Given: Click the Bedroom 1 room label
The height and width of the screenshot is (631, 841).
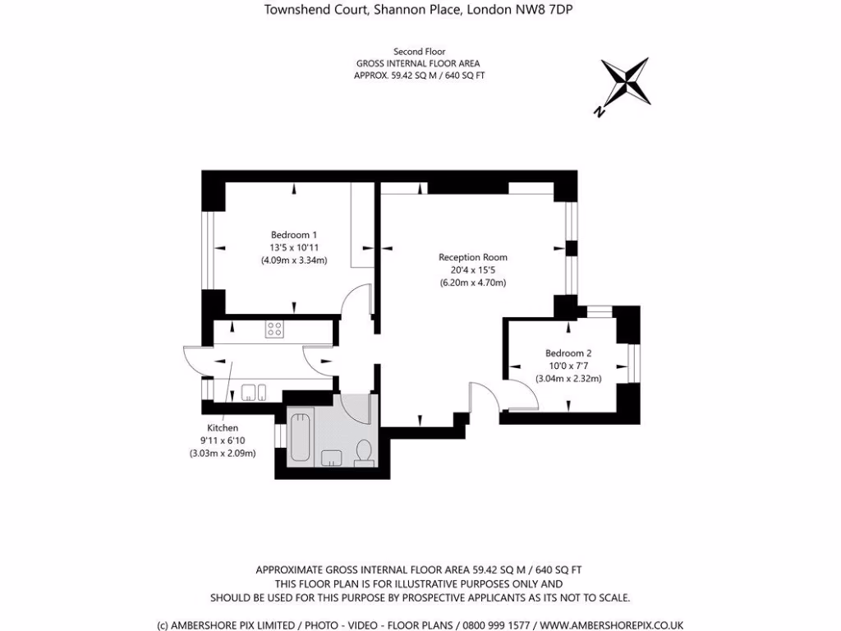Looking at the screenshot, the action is coord(294,235).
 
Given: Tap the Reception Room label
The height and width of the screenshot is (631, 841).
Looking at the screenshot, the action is coord(472,257).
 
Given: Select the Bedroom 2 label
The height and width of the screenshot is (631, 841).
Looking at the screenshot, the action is coord(568,353).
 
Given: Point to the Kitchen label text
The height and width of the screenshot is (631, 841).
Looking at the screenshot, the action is coord(223,427).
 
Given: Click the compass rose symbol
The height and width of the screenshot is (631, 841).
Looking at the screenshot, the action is coord(626,82).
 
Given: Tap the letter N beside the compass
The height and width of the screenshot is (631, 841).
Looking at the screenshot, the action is coord(599,112).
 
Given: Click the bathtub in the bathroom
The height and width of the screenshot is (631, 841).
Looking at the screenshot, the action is coord(300,437).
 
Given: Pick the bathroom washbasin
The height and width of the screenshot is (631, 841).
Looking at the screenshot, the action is coord(332,458).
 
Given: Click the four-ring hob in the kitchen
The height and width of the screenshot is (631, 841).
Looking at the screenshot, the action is coord(274,329).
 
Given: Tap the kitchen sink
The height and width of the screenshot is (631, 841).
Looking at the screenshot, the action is coord(253,392).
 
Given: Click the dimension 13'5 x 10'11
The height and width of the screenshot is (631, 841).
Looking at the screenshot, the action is coord(294,248).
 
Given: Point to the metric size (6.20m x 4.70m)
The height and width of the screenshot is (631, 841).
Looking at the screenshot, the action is coord(472,283).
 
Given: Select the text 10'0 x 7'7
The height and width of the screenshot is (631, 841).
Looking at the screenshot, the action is coord(568,366).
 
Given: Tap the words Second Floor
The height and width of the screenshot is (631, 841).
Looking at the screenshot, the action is coord(420,52).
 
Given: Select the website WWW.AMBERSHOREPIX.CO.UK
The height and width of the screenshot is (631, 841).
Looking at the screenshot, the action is coord(611,625).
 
